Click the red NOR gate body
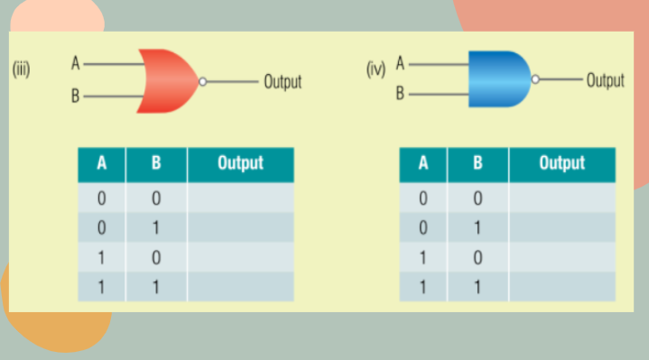click(167, 81)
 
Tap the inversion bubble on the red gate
click(204, 81)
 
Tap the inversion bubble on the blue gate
click(536, 79)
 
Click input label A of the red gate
click(77, 64)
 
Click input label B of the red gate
click(77, 97)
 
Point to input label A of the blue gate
click(401, 64)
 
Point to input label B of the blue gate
click(401, 93)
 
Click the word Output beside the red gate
click(283, 82)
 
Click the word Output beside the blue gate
click(605, 80)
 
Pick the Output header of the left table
click(240, 163)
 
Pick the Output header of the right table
click(561, 163)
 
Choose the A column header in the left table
click(102, 164)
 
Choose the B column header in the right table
click(478, 164)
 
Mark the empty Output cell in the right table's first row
click(561, 198)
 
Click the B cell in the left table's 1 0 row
click(156, 257)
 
